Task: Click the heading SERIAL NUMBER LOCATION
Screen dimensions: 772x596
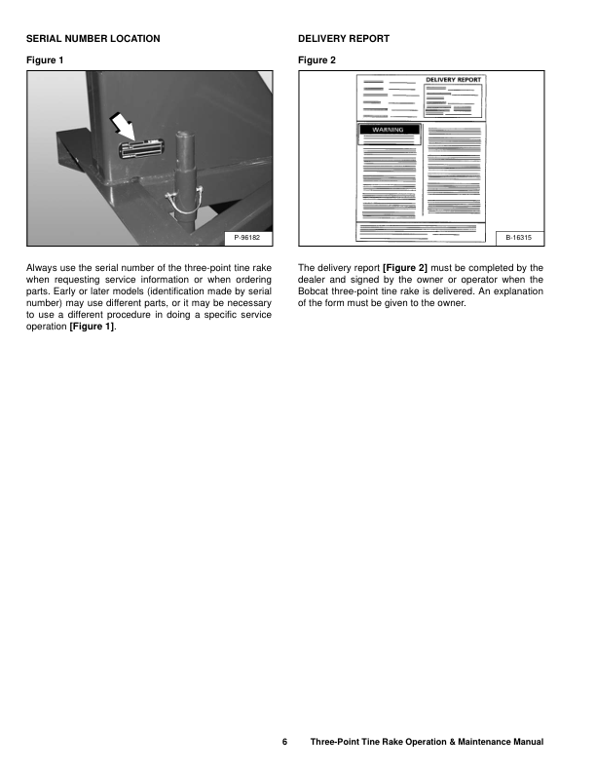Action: tap(93, 38)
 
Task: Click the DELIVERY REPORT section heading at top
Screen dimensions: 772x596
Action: tap(343, 38)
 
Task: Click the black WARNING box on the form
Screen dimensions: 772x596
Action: tap(389, 129)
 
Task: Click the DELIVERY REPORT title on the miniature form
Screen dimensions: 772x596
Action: tap(453, 80)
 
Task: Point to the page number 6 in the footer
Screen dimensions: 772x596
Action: tap(285, 743)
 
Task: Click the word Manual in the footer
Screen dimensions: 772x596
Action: tap(524, 743)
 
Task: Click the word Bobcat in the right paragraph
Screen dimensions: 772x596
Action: tap(315, 290)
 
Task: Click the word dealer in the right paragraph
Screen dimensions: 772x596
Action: tap(313, 279)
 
